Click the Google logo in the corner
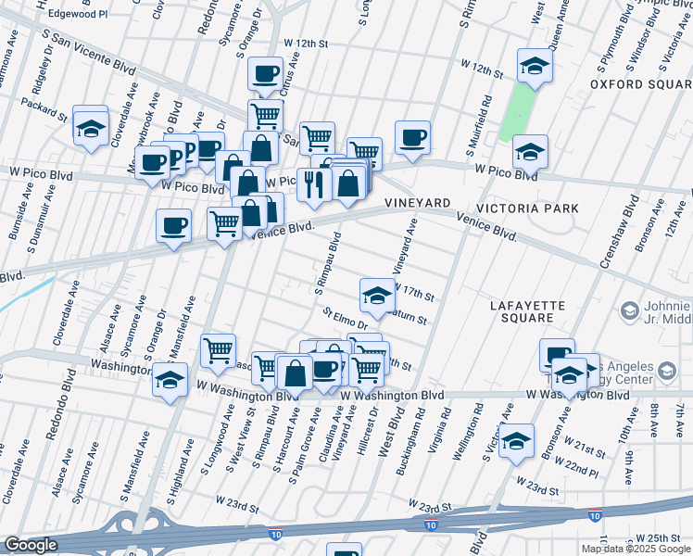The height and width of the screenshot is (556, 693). [x=31, y=545]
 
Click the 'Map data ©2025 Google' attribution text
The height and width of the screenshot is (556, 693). [x=636, y=549]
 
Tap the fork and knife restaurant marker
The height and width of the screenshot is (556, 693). [x=315, y=183]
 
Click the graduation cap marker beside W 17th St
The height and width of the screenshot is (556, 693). [x=377, y=296]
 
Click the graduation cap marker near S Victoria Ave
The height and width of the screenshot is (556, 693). [x=517, y=441]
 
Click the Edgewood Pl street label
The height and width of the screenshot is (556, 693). [x=78, y=15]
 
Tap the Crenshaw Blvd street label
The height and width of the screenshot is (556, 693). [x=617, y=232]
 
